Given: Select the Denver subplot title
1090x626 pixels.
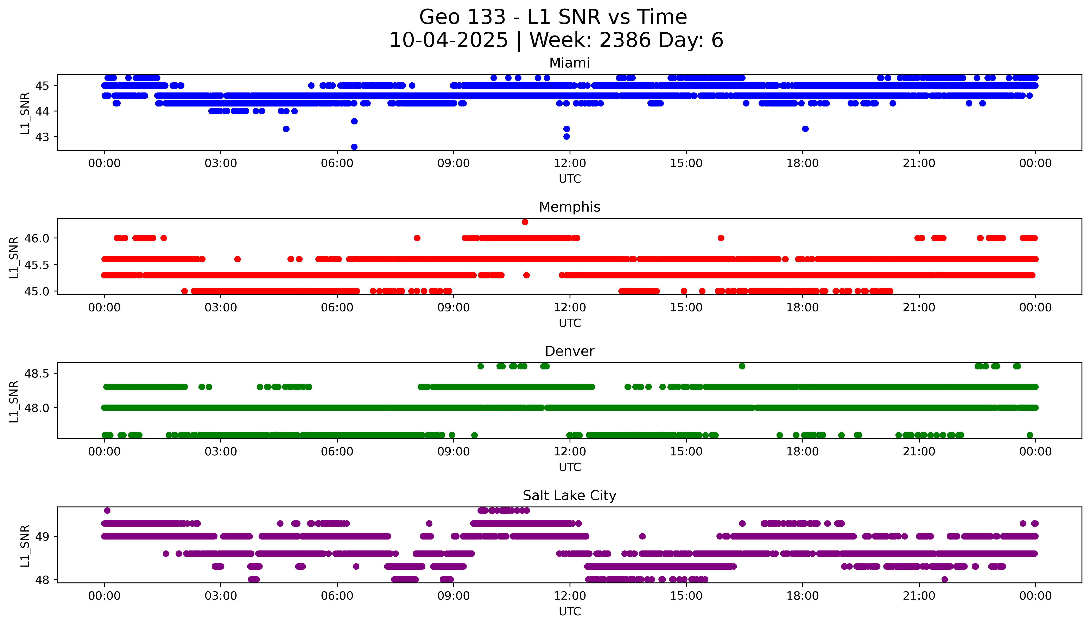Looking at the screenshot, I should coord(569,351).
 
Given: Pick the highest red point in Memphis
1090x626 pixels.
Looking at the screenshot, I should coord(525,222).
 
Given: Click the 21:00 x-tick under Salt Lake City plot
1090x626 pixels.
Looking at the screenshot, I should coord(919,596).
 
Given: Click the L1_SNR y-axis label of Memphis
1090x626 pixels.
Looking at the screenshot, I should coord(14,257).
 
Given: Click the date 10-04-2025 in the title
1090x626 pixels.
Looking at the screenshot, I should coord(448,40).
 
